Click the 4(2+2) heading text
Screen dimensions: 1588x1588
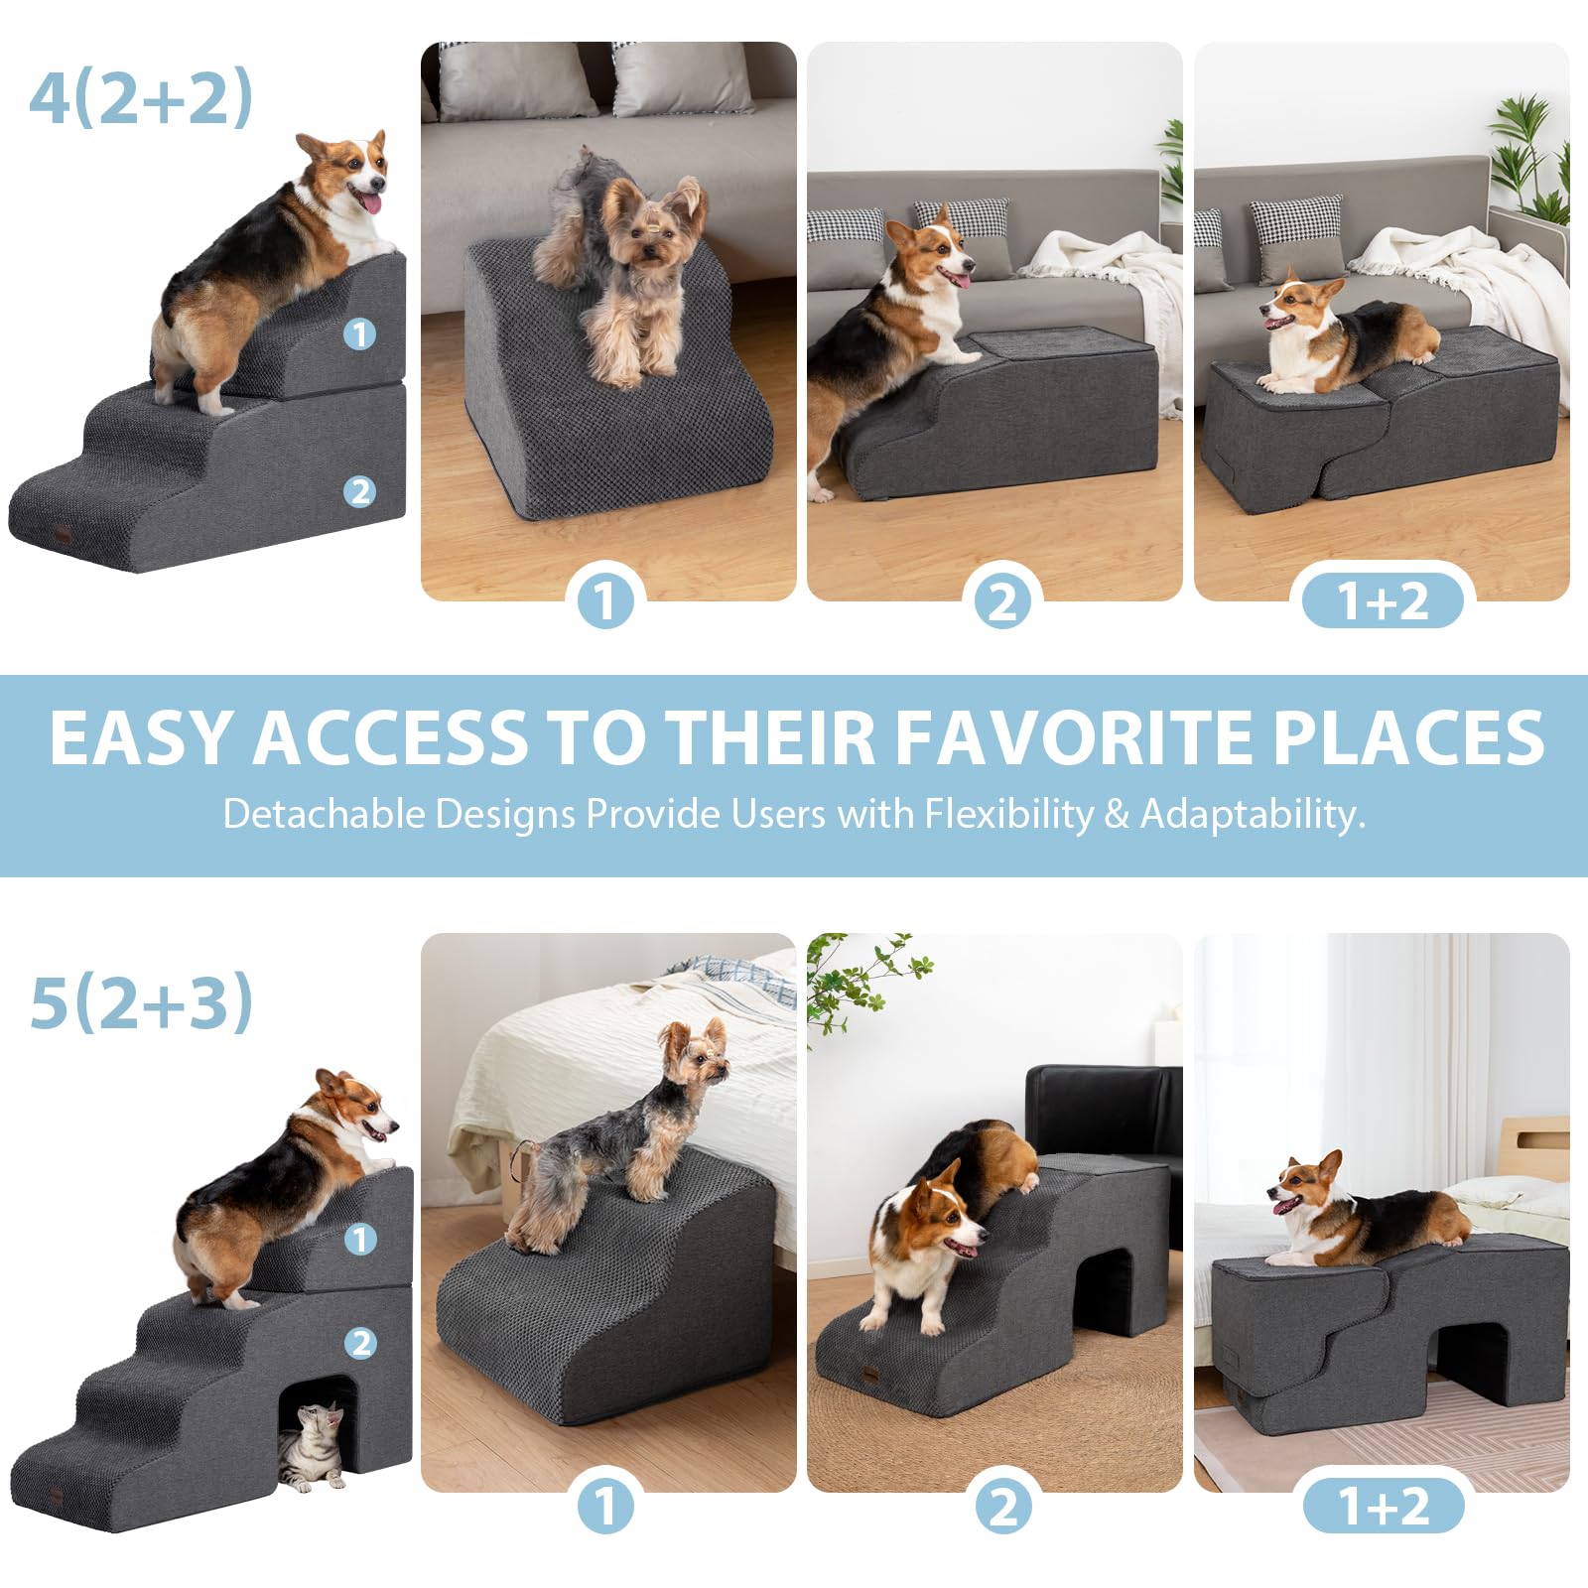(141, 97)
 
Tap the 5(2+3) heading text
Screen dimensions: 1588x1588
(141, 1002)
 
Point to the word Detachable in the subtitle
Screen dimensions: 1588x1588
(324, 814)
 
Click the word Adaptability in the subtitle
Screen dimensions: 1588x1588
(1253, 814)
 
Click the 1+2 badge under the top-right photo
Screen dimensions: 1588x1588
(1383, 600)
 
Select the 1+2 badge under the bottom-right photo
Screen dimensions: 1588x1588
(1383, 1506)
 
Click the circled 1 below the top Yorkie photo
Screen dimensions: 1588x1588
(604, 600)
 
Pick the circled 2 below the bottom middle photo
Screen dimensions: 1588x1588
(1002, 1506)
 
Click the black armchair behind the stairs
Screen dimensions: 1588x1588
(1102, 1112)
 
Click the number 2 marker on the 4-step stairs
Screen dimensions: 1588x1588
(359, 491)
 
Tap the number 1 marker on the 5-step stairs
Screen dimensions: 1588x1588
(359, 1239)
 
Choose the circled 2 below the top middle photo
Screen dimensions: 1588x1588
(1002, 600)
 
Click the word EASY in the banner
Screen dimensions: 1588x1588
(141, 738)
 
